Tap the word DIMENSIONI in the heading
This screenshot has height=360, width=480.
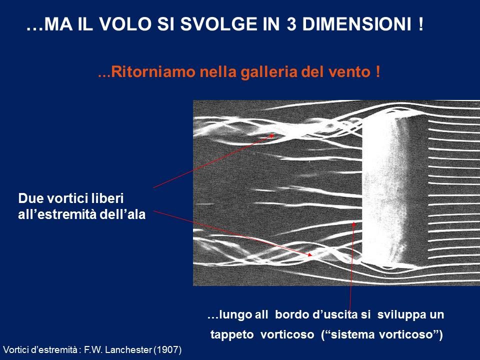click(x=357, y=24)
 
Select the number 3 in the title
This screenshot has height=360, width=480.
click(x=291, y=24)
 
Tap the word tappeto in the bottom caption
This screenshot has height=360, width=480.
click(x=232, y=334)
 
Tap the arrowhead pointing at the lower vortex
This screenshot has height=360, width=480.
click(x=309, y=254)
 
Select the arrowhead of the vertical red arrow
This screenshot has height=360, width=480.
click(x=354, y=224)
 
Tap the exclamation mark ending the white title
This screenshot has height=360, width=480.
click(x=420, y=24)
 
